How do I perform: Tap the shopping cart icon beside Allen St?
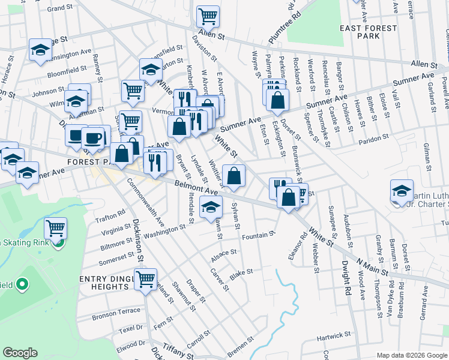pos(208,16)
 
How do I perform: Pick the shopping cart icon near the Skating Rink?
pos(55,229)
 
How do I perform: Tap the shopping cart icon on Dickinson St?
pos(145,279)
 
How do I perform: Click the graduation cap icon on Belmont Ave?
pos(211,208)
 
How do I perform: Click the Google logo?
pos(20,353)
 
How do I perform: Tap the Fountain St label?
pos(258,236)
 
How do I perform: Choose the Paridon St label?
pos(374,137)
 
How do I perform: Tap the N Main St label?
pos(372,266)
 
